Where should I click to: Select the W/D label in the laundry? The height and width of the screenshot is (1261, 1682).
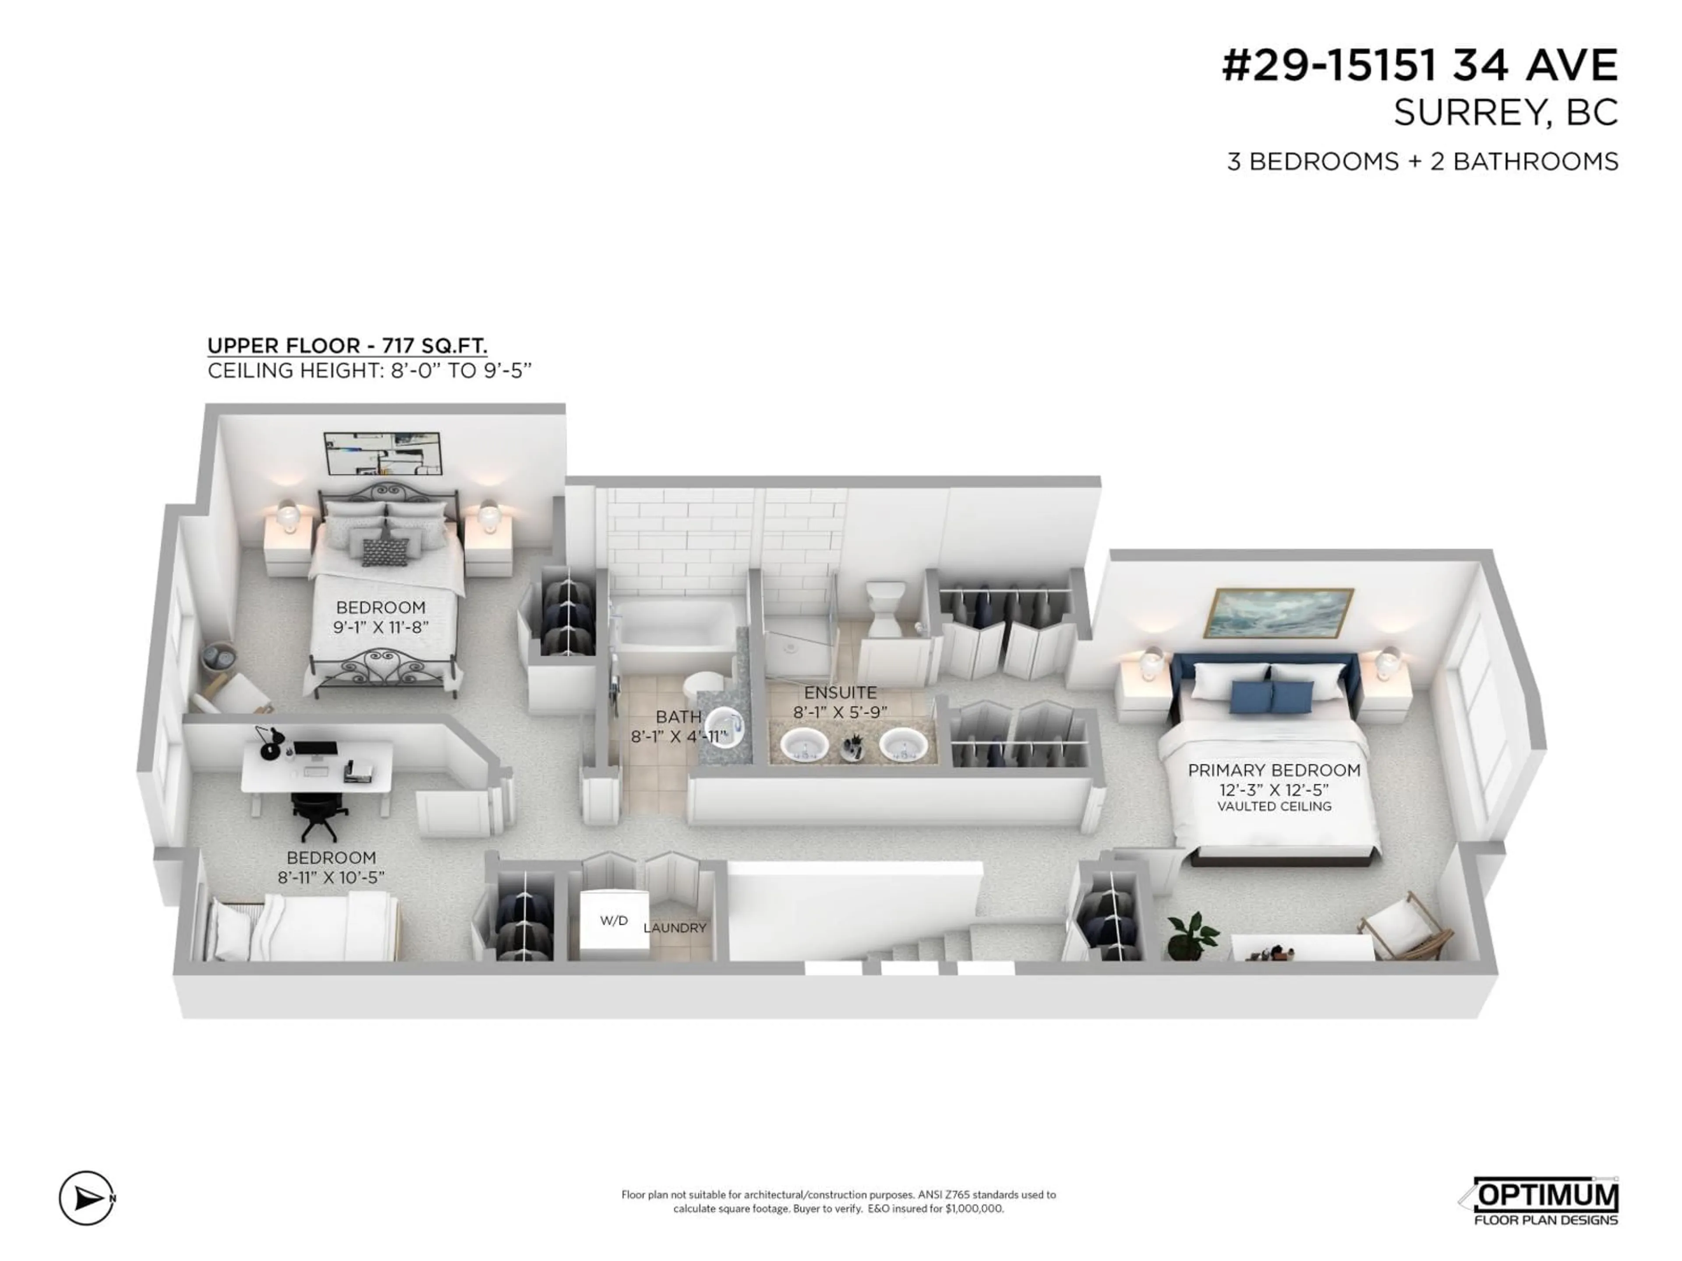click(x=614, y=920)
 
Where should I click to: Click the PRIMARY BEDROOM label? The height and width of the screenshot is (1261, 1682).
click(x=1274, y=770)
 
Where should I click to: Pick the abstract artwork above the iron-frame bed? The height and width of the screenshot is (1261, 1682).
click(x=382, y=454)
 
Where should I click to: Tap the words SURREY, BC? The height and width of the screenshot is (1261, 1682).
click(x=1505, y=113)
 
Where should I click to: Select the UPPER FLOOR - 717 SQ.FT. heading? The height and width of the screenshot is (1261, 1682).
click(x=347, y=346)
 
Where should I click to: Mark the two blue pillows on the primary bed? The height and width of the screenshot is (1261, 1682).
click(x=1272, y=695)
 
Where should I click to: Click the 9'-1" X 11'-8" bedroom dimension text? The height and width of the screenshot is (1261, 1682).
click(x=381, y=627)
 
